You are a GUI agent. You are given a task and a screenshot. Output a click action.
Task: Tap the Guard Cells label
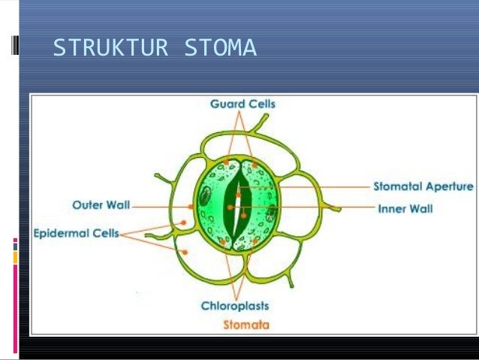pos(243,104)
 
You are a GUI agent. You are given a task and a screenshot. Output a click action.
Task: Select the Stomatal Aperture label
pos(423,186)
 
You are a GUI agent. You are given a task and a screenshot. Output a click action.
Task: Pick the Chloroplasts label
pos(235,306)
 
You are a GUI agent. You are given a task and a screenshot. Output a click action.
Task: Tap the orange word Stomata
pos(246,325)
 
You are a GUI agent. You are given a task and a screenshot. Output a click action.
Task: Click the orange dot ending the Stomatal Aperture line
pos(238,195)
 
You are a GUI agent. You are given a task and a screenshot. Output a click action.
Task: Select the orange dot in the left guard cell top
pos(225,162)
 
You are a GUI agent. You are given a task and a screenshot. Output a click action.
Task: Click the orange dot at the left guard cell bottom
pos(223,243)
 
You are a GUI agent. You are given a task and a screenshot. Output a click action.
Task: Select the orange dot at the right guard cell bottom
pos(256,241)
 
